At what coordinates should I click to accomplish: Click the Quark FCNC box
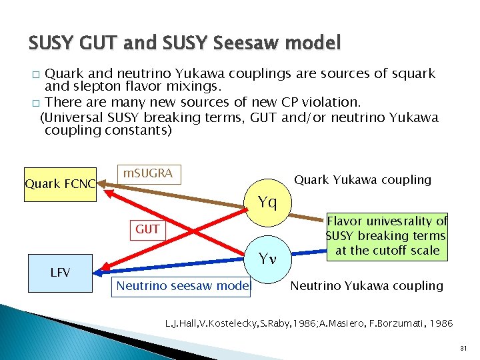(x=59, y=183)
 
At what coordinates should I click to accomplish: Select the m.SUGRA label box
(x=148, y=174)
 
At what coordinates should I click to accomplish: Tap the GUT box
(x=147, y=229)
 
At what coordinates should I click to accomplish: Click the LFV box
(x=60, y=271)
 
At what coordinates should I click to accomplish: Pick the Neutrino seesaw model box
(x=182, y=286)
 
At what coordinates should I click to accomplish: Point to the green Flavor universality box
(x=387, y=235)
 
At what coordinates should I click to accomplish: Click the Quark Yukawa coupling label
(x=363, y=180)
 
